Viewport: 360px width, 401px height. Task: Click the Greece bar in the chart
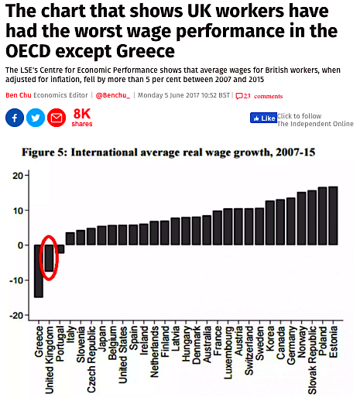pos(39,271)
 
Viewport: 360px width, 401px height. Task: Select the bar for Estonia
pos(333,215)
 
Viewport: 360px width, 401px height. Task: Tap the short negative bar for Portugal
pos(61,249)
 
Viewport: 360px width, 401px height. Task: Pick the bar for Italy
pos(70,238)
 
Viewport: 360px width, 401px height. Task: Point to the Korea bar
pos(270,223)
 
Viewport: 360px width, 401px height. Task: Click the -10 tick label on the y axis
pos(16,280)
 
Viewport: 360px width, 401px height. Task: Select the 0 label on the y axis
pos(21,245)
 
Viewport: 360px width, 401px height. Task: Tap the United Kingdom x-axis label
pos(50,360)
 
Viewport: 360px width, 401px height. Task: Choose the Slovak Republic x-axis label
pos(312,360)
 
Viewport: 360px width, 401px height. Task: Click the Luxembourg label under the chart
pos(228,353)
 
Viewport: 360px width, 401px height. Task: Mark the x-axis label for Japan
pos(101,338)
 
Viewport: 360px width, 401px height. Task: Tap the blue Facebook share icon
pos(15,118)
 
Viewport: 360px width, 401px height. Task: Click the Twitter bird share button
pos(36,118)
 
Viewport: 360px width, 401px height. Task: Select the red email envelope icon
pos(57,118)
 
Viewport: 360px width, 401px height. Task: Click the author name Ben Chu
pos(19,95)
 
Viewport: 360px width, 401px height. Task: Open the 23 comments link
pos(259,96)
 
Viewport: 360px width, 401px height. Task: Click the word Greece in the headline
pos(146,51)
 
